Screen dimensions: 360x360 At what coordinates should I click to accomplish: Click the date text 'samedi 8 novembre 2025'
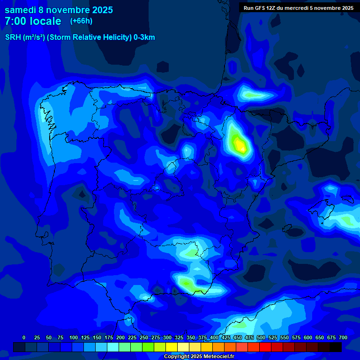click(59, 10)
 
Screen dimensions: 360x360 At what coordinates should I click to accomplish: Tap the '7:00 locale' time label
click(33, 21)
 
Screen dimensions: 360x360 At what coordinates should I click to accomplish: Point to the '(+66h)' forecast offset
click(81, 21)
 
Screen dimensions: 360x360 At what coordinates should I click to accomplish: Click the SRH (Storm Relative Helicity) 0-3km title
click(80, 37)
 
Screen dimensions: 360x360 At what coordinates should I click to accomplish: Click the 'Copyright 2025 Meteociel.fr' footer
click(199, 357)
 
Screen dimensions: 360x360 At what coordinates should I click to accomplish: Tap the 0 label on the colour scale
click(24, 337)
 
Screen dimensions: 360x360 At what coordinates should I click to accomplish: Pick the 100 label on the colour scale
click(73, 337)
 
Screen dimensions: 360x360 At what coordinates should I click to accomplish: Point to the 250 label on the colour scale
click(144, 337)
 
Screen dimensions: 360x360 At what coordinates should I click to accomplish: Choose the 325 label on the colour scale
click(179, 337)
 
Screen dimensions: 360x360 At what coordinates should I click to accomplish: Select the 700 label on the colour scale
click(343, 337)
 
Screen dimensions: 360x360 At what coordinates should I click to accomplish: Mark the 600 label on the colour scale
click(308, 337)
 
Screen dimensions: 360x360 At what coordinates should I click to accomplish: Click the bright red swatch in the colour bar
click(265, 347)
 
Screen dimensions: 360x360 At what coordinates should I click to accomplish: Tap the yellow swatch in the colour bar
click(172, 347)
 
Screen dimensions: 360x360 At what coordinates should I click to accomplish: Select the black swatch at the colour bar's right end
click(336, 347)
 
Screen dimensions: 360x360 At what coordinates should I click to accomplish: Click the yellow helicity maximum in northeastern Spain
click(240, 146)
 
